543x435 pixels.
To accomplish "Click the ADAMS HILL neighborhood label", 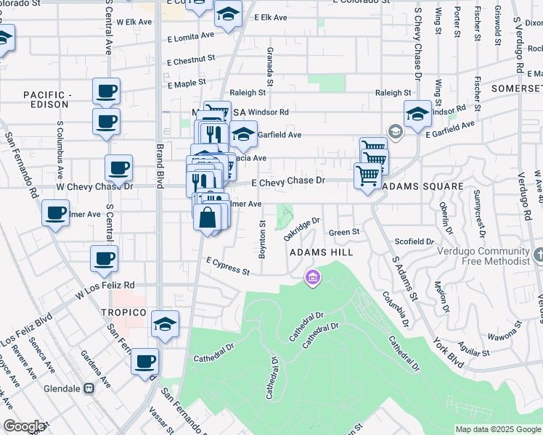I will (321, 252).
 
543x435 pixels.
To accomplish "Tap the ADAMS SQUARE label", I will (422, 186).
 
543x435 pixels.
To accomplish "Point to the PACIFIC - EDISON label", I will (47, 100).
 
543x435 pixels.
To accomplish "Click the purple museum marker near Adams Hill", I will (312, 277).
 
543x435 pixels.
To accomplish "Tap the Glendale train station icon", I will (89, 388).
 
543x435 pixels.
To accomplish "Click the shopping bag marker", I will (208, 217).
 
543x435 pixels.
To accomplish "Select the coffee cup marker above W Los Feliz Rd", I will (105, 257).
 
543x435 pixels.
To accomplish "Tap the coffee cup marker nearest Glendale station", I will (145, 361).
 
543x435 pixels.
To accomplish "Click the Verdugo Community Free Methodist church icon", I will (538, 255).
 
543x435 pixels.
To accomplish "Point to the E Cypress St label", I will (228, 266).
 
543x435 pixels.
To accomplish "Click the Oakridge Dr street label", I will (302, 229).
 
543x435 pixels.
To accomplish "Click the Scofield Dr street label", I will (415, 241).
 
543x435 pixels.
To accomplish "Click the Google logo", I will (24, 426).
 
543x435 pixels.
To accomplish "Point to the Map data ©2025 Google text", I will (498, 429).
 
